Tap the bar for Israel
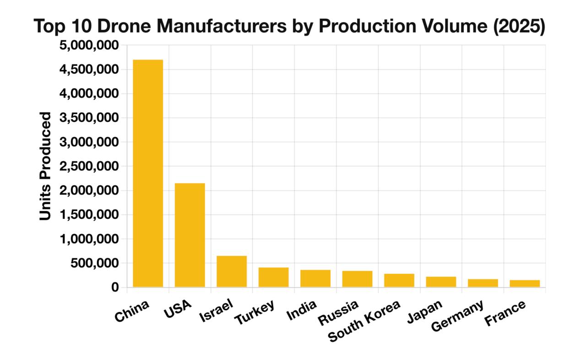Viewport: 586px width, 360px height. point(232,271)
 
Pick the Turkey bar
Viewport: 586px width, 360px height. point(273,277)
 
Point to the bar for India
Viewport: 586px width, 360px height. point(315,278)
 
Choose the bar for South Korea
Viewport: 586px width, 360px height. point(399,280)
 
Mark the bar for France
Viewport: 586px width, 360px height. point(525,284)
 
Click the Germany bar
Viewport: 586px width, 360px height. point(483,283)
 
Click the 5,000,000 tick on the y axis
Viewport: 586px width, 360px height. point(89,45)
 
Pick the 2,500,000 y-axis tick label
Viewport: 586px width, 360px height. point(89,166)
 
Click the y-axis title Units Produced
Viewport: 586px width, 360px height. point(45,166)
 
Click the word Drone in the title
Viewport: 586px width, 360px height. point(124,27)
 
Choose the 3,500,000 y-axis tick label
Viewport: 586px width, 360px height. point(89,118)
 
